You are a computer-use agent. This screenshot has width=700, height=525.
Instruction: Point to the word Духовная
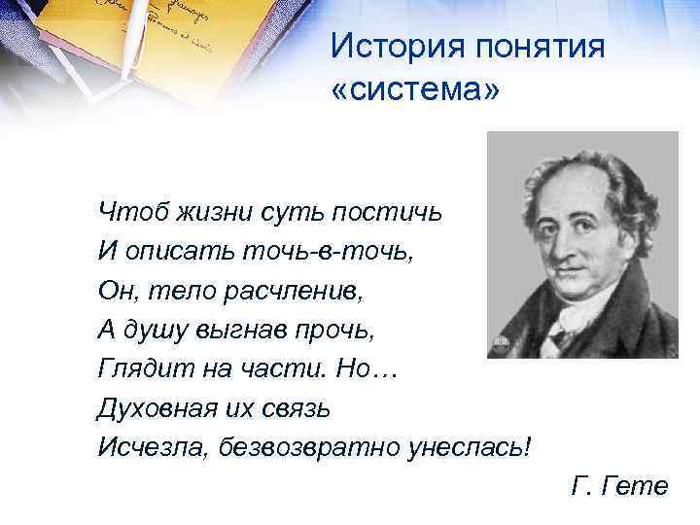coord(155,407)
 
